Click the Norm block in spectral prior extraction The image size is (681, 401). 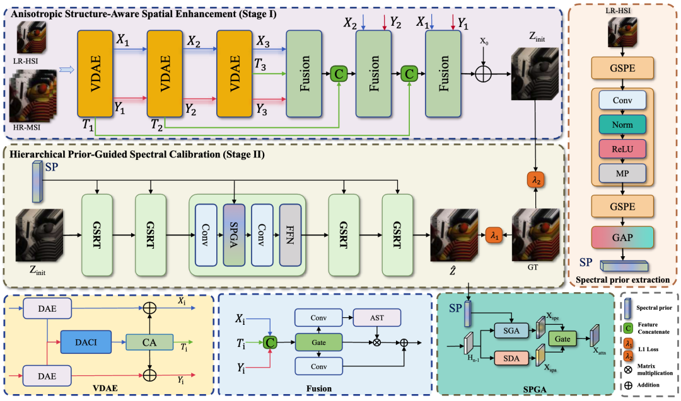point(622,125)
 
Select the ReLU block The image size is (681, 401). point(622,149)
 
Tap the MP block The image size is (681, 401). point(622,173)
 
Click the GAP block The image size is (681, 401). point(622,237)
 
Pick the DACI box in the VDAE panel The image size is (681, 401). point(86,342)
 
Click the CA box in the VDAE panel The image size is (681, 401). point(149,342)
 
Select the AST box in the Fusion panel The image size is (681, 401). point(377,318)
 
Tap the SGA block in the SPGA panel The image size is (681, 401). point(511,330)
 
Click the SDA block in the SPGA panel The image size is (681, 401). point(511,358)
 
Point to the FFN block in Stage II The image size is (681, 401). point(290,235)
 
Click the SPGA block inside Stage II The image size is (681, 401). point(234,235)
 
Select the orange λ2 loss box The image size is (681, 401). point(535,179)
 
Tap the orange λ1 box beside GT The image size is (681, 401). point(494,235)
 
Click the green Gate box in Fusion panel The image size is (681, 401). point(318,342)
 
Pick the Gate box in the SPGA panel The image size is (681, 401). point(562,339)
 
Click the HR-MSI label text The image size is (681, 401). point(28,127)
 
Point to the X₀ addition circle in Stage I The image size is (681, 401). point(483,74)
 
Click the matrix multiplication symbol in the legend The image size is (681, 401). point(628,370)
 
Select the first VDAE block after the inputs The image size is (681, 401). point(95,73)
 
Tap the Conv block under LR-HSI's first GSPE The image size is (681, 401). point(622,100)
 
